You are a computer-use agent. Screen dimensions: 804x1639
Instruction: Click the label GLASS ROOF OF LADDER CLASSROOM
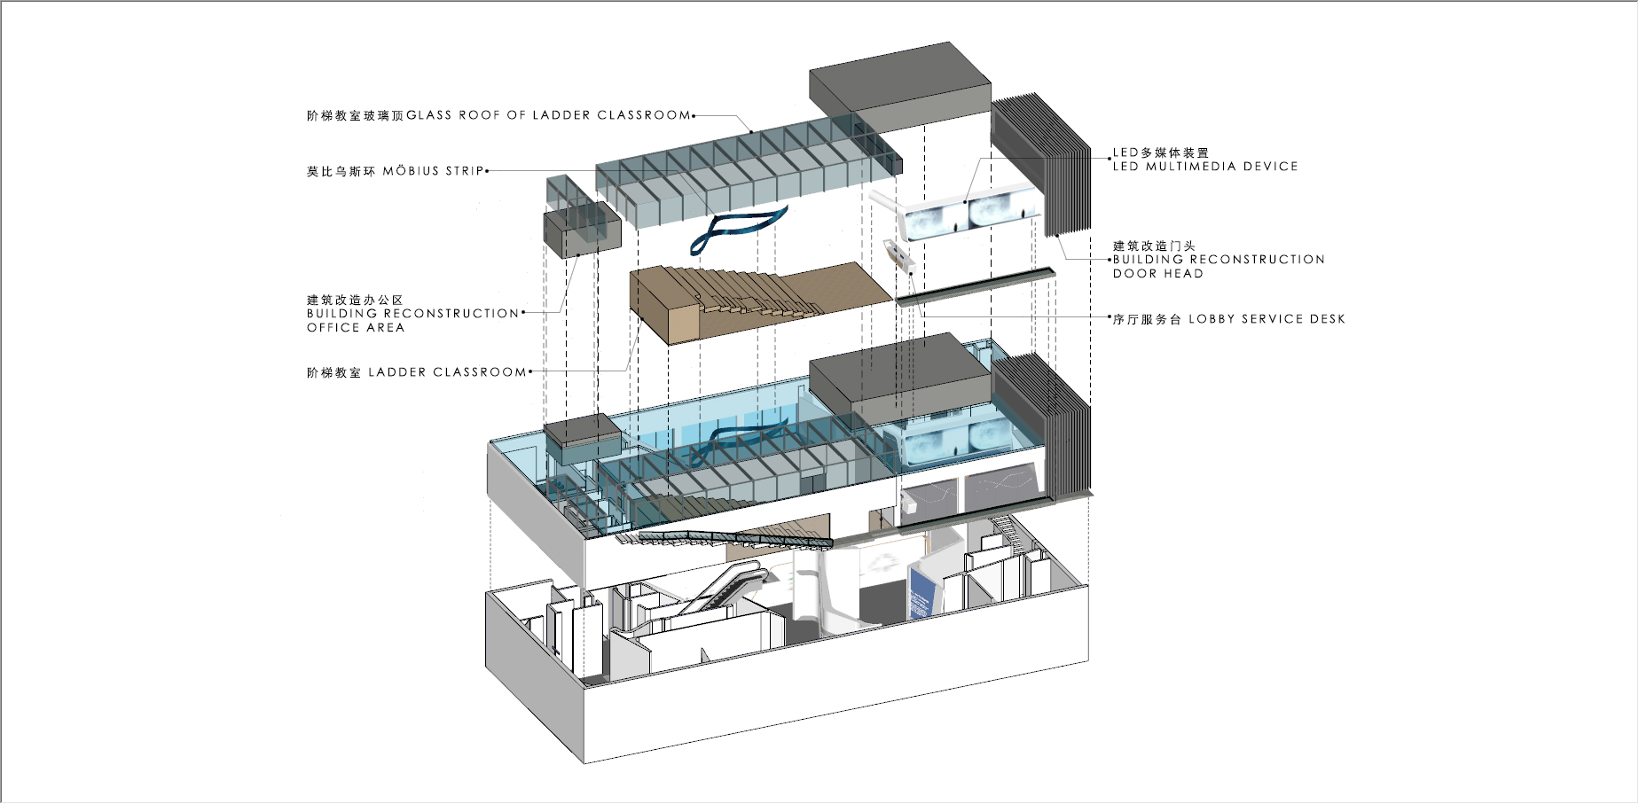click(x=548, y=115)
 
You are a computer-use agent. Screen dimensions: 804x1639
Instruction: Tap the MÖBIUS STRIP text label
click(x=434, y=171)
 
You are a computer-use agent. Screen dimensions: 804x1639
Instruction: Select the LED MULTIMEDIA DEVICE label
click(x=1205, y=167)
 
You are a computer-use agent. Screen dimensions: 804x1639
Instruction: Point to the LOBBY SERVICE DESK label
click(x=1266, y=319)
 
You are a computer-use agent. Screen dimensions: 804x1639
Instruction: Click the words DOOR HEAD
click(x=1157, y=274)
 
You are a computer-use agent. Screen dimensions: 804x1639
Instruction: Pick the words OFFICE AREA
click(x=356, y=328)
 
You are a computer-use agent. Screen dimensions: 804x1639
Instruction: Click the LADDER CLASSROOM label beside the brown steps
click(x=447, y=372)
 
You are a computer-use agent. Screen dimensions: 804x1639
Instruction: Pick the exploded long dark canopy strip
click(x=976, y=286)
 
